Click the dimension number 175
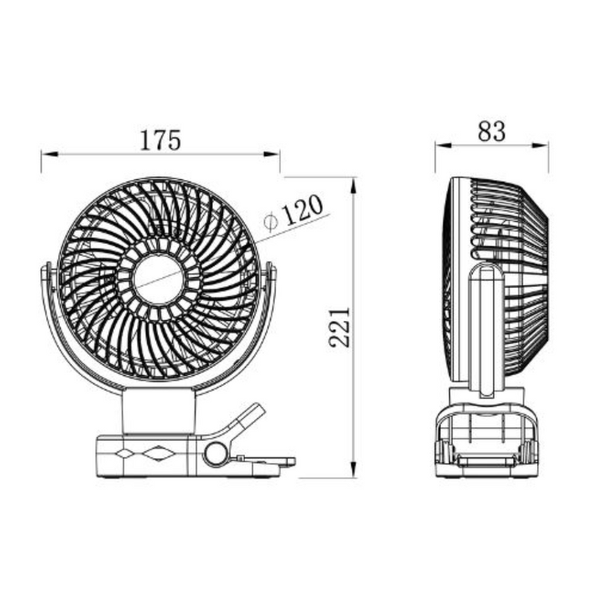click(x=160, y=140)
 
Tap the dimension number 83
click(x=492, y=132)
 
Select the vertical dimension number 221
click(x=340, y=326)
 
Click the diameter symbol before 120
click(x=271, y=220)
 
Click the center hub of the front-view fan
click(x=158, y=278)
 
